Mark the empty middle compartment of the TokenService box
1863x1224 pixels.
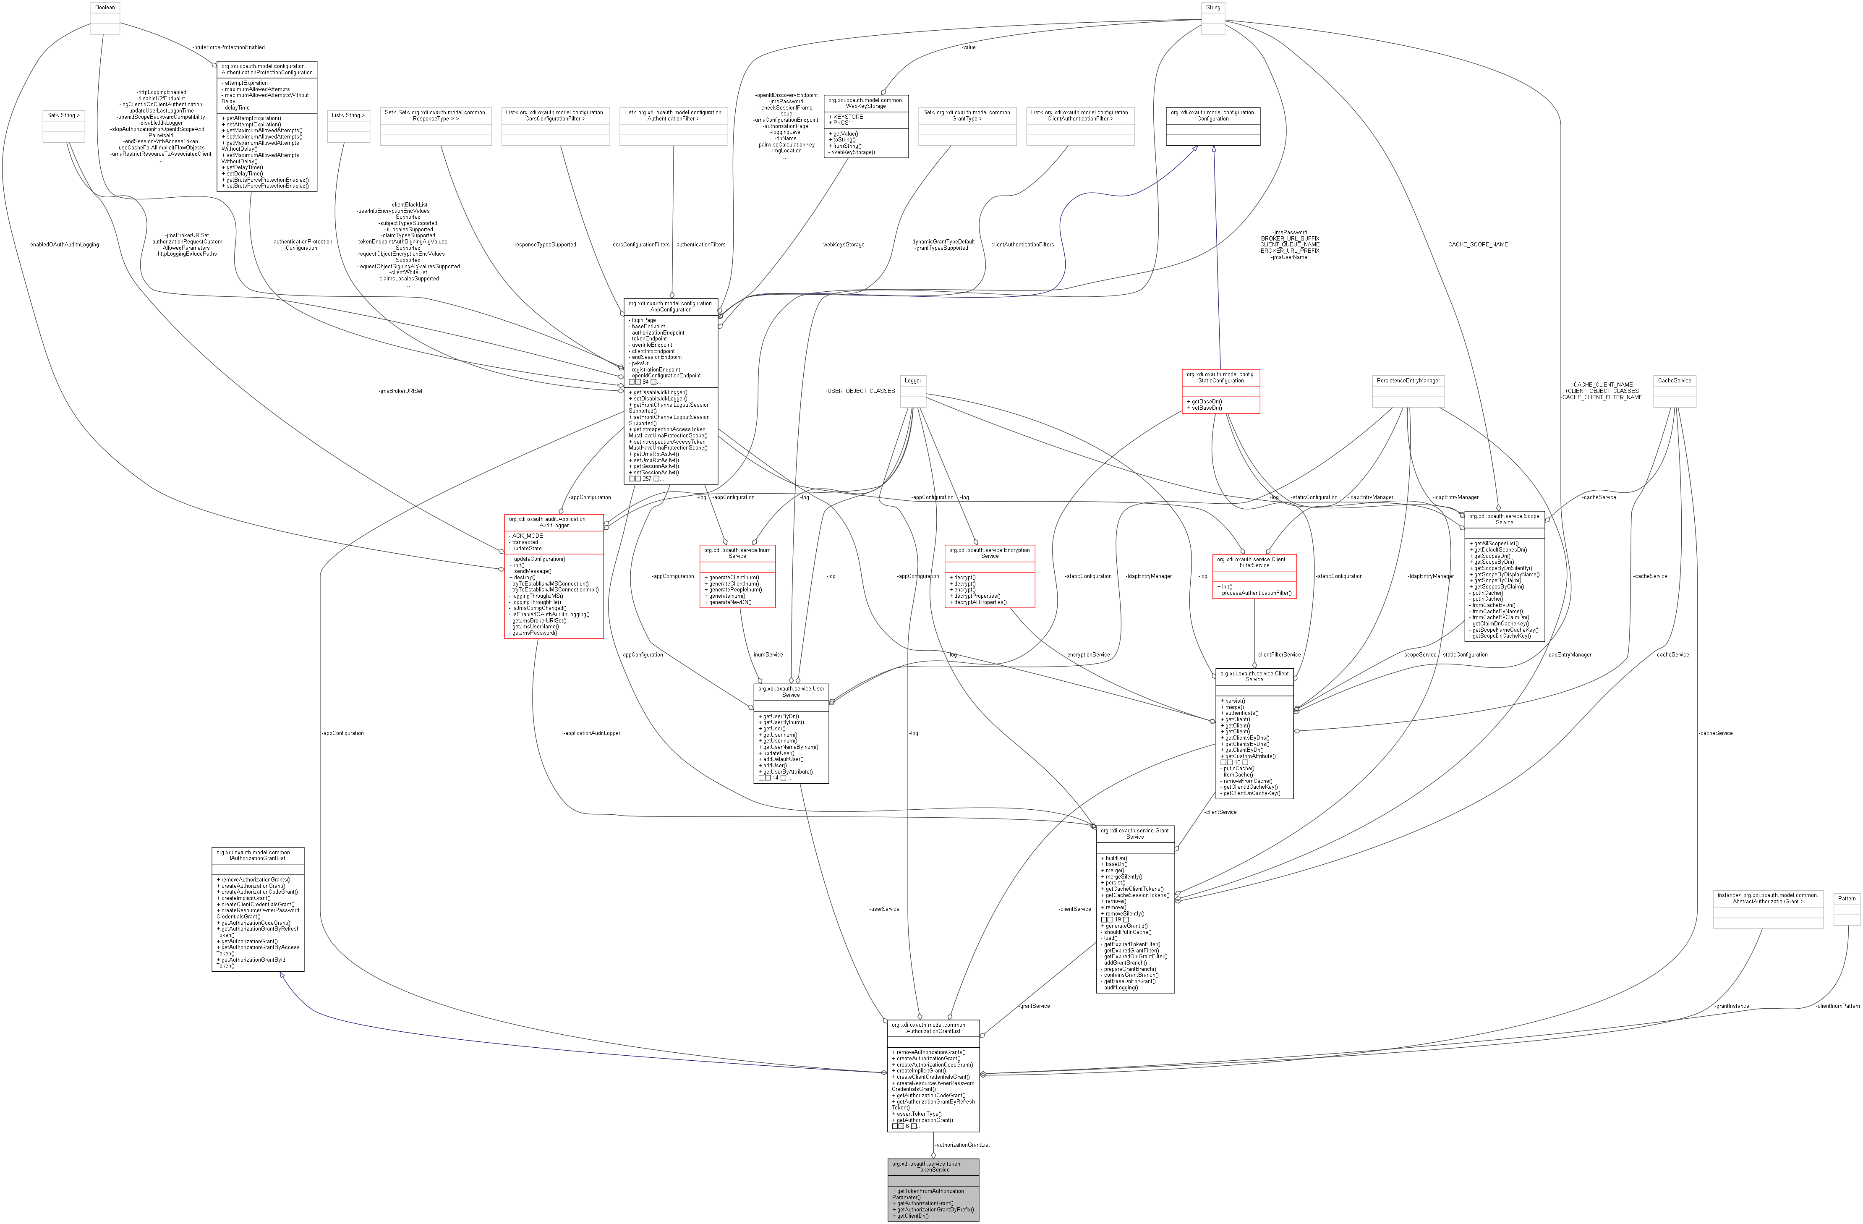tap(933, 1181)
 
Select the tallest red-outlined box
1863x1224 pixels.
tap(554, 576)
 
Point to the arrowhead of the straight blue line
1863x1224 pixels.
tap(1213, 148)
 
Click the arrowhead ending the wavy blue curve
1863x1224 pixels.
tap(1195, 147)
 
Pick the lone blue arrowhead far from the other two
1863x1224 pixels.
tap(281, 975)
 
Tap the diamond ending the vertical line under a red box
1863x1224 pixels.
tap(1255, 665)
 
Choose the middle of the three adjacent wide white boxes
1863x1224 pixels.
tap(555, 126)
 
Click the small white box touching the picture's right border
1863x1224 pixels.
tap(1847, 909)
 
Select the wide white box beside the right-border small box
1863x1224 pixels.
tap(1767, 909)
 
